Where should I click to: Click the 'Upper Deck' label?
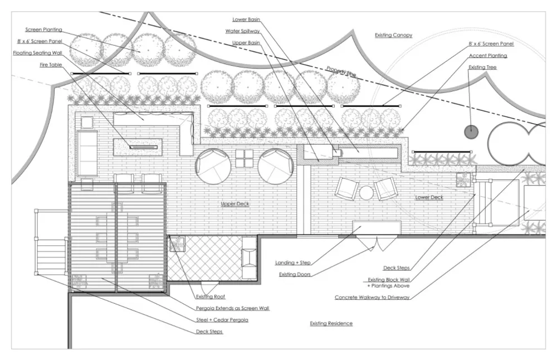pos(235,204)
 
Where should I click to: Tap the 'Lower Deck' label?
pos(429,198)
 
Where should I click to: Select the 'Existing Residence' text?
pos(331,323)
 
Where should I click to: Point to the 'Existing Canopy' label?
pos(393,35)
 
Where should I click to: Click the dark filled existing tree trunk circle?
pos(471,132)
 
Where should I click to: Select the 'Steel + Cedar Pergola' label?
pos(221,319)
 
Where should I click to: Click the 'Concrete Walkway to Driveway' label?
pos(372,297)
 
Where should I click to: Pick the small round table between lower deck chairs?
pos(366,193)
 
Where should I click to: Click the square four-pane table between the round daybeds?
pos(245,159)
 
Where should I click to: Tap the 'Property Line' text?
pos(341,71)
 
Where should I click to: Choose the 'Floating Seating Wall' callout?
pos(37,53)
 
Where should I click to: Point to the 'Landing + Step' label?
pos(292,262)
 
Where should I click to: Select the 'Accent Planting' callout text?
pos(488,56)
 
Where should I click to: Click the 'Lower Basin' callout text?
pos(246,20)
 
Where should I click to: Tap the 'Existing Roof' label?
pos(210,296)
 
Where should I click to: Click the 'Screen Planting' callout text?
pos(43,30)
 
